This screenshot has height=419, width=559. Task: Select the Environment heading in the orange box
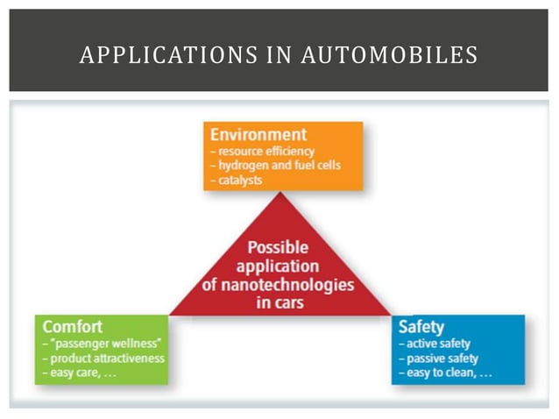tap(258, 135)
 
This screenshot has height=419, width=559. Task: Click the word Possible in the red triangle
tap(278, 248)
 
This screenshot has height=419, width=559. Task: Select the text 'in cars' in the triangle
tap(279, 303)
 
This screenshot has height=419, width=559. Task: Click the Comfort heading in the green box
tap(73, 327)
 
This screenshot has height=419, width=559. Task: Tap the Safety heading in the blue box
tap(421, 328)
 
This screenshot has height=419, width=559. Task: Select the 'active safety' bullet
tap(441, 344)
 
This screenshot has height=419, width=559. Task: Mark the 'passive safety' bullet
tap(443, 359)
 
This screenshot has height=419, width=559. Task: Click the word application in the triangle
tap(278, 266)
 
